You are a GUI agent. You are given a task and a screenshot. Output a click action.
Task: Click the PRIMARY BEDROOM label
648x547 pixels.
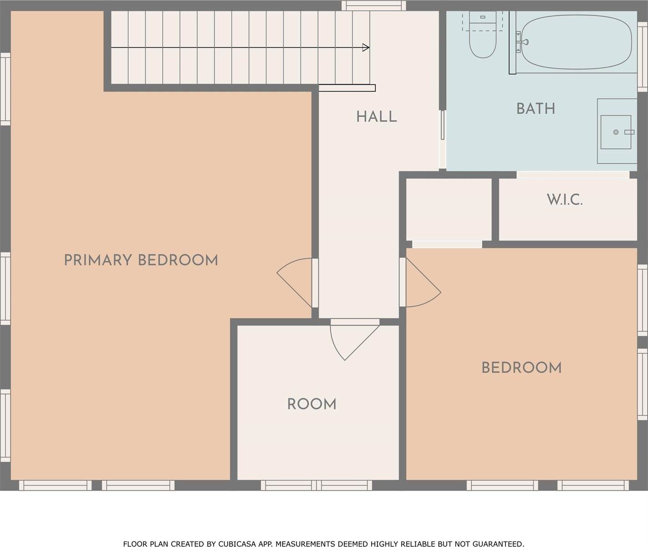141,260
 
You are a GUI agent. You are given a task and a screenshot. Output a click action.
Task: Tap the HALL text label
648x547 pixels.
377,117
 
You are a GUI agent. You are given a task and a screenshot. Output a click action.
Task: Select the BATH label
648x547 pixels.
536,109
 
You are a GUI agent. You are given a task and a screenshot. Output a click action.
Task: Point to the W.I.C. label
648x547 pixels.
565,200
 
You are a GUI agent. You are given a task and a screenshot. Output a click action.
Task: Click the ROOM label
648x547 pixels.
311,404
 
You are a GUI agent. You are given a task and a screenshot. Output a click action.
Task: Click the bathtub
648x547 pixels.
576,42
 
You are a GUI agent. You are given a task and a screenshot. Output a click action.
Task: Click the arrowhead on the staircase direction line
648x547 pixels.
366,47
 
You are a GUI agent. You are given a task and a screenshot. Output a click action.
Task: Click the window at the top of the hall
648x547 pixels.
374,5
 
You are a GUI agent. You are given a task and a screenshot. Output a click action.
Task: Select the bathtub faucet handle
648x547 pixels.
525,41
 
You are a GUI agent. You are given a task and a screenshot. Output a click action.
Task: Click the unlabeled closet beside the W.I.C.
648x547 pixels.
449,209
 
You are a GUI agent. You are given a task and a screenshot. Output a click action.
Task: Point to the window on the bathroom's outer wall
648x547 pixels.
643,57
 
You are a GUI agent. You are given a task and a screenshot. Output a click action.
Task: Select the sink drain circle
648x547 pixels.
616,132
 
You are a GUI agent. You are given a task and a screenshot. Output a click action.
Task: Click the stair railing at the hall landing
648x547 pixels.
347,88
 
